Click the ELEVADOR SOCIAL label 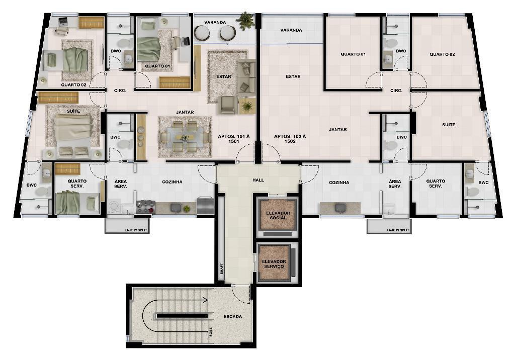tap(278, 216)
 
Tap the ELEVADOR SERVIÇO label tap(274, 264)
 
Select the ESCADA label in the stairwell tap(233, 317)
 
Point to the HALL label tap(258, 180)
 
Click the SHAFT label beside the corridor tap(222, 268)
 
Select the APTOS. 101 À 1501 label tap(233, 139)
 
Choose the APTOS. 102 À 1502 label tap(290, 139)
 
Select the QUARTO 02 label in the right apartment tap(442, 54)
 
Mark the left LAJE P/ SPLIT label tap(136, 230)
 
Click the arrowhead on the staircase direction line tap(205, 300)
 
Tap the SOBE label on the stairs tap(211, 332)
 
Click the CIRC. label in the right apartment tap(396, 91)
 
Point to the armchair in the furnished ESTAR tap(229, 105)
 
